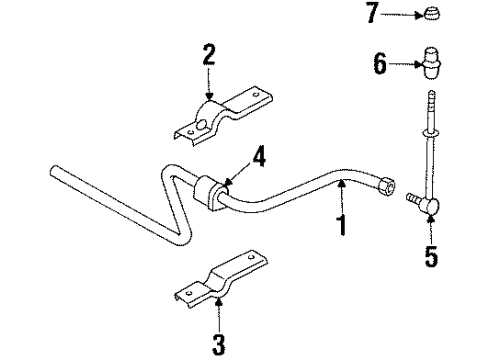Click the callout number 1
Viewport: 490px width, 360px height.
click(342, 224)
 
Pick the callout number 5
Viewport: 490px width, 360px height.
click(432, 256)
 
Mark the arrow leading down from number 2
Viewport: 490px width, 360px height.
click(208, 82)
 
